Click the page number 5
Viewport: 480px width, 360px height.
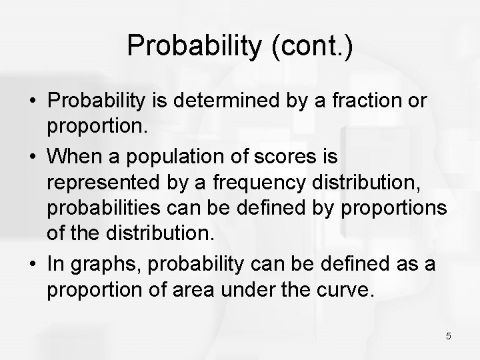pos(449,336)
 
